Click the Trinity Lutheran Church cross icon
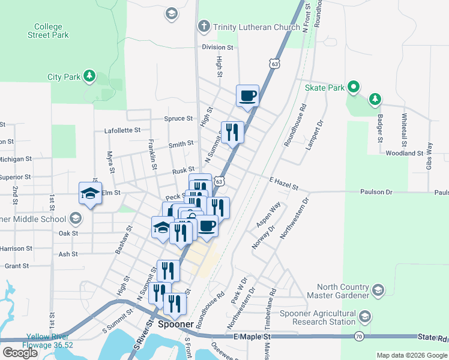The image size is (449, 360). pos(204,27)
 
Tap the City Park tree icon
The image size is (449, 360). pos(89,76)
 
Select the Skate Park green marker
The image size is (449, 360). pos(354,88)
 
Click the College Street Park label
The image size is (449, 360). pos(48,31)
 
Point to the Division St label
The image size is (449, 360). pos(217,47)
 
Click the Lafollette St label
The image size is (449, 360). pos(122,130)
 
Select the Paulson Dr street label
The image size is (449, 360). pos(376,192)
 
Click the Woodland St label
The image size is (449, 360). pos(405,154)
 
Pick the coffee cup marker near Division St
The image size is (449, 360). pos(248,95)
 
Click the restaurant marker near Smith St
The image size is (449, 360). pos(232,132)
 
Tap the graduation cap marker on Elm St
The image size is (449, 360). pos(90,193)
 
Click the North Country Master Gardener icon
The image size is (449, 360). pos(378,290)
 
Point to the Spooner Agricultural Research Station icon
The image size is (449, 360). pos(364,316)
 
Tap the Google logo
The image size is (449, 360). pos(20,353)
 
